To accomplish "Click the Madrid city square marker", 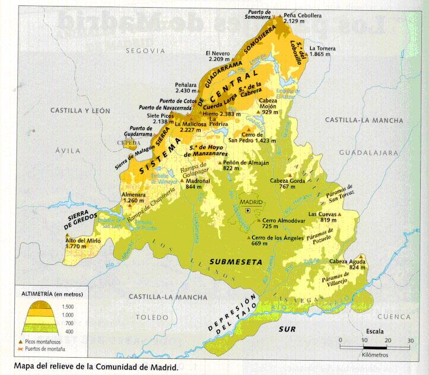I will [248, 210].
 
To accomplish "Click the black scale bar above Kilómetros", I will [375, 346].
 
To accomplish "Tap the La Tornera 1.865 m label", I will [323, 51].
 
